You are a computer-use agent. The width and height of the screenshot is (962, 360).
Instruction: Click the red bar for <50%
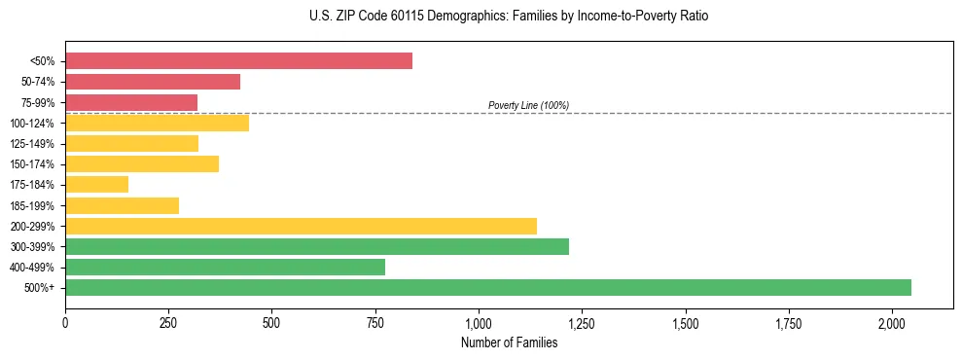(x=238, y=61)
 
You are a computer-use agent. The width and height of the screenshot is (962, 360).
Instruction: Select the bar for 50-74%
(x=153, y=82)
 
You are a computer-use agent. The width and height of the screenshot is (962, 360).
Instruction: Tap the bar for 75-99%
(x=131, y=102)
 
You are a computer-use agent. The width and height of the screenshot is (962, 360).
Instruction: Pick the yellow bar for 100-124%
(x=157, y=123)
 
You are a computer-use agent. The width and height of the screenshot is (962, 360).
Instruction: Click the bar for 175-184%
(x=97, y=185)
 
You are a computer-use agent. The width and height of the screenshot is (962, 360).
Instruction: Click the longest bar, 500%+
(x=488, y=288)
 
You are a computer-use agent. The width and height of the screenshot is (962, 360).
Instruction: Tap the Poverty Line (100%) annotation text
(x=528, y=105)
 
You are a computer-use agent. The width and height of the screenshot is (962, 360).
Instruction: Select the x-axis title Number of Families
(x=509, y=342)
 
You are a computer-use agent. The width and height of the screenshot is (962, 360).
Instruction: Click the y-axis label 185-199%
(x=32, y=206)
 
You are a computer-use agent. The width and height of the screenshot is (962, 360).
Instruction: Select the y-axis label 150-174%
(x=32, y=164)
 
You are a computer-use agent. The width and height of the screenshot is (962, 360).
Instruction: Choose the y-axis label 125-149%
(x=32, y=144)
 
